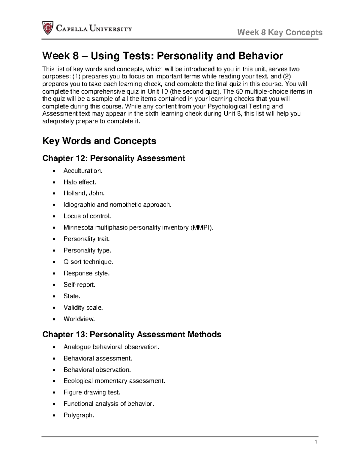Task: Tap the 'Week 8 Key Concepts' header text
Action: [280, 32]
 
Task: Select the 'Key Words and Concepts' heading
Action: [99, 141]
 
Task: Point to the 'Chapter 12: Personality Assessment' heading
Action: [114, 158]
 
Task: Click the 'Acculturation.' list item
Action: [83, 171]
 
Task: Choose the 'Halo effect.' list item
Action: [80, 182]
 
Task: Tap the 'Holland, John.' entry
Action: [84, 194]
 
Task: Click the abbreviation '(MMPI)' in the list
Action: [202, 227]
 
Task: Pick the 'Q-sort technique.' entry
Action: [88, 262]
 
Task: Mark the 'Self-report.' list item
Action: [79, 284]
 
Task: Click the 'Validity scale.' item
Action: [83, 308]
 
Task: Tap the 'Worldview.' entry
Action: [79, 319]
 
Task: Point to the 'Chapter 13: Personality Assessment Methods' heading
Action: [132, 334]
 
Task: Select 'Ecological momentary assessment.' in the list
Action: [114, 381]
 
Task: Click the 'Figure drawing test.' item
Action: [92, 392]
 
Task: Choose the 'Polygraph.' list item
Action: [79, 416]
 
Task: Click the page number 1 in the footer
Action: [316, 442]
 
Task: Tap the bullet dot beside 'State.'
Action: [54, 296]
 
